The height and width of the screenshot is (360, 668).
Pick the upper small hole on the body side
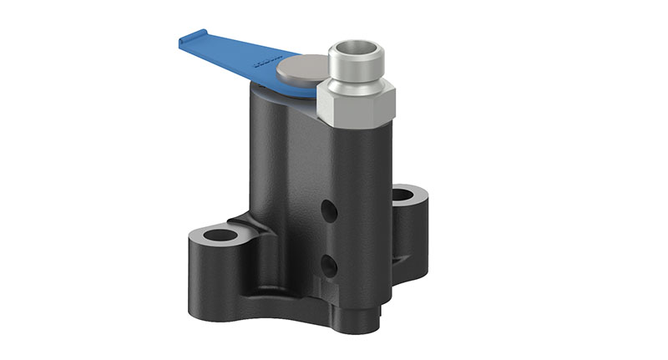pos(331,211)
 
